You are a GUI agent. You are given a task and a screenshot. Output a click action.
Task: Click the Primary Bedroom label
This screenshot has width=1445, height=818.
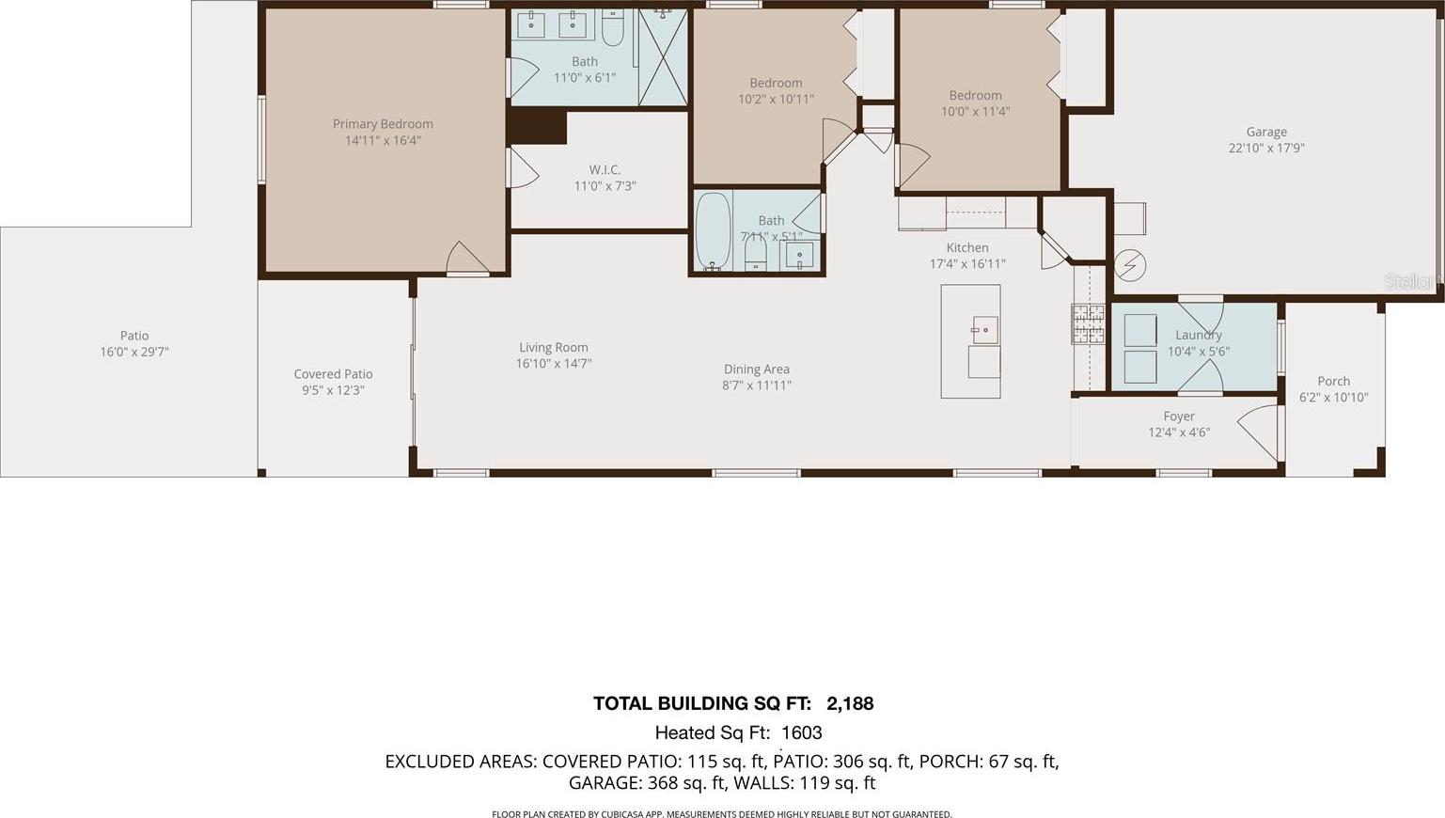(x=383, y=124)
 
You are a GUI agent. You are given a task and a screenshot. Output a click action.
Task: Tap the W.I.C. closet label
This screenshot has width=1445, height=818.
(x=605, y=169)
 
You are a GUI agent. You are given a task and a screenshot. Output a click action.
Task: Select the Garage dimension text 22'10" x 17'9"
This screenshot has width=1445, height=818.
(x=1266, y=148)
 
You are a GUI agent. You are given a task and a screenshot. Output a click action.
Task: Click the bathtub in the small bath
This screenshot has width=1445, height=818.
(x=714, y=230)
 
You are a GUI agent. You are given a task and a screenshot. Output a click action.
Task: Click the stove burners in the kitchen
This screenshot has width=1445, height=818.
(x=1089, y=323)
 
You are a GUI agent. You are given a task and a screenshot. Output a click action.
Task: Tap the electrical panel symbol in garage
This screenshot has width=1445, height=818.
(x=1130, y=265)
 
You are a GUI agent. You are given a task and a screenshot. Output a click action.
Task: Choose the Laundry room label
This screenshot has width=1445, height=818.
(x=1199, y=335)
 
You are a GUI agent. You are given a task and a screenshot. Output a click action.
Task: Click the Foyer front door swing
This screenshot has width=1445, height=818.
(x=1259, y=429)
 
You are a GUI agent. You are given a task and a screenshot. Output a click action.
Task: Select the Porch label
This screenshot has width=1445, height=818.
(x=1333, y=381)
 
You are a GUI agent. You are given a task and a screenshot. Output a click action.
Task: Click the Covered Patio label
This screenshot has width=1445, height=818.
(x=333, y=374)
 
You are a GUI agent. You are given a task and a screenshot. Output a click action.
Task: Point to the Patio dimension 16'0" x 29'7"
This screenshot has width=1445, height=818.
(x=134, y=353)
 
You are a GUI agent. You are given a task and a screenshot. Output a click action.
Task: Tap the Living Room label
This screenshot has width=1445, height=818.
(x=554, y=348)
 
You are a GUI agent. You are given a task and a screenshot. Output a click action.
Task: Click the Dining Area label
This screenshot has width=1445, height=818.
(x=757, y=369)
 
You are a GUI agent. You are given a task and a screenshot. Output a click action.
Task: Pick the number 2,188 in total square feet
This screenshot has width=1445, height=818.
(x=850, y=703)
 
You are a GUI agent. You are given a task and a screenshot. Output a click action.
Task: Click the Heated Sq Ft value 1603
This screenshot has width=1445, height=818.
(x=802, y=732)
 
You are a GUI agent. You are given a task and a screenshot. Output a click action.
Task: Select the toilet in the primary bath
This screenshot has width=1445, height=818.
(x=613, y=27)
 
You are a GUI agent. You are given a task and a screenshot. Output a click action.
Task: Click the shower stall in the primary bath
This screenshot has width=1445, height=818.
(x=663, y=56)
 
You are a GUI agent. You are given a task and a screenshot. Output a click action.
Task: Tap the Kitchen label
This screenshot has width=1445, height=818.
(x=967, y=247)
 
